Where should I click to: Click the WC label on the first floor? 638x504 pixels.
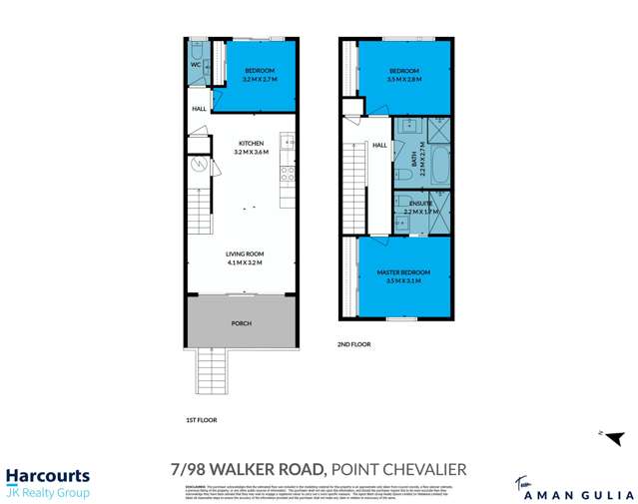point(197,67)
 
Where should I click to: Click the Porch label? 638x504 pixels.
point(242,323)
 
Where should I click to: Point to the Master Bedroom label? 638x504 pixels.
point(403,273)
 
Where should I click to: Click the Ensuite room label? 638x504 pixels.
point(419,204)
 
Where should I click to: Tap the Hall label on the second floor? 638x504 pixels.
point(379,146)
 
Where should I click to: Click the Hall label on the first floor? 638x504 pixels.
point(199,109)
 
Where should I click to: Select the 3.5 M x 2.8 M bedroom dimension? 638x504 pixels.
point(403,79)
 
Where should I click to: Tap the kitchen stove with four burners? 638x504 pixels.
point(288,176)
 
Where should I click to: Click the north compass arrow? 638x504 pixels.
point(615,437)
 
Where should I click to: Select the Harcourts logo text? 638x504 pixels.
point(48,477)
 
